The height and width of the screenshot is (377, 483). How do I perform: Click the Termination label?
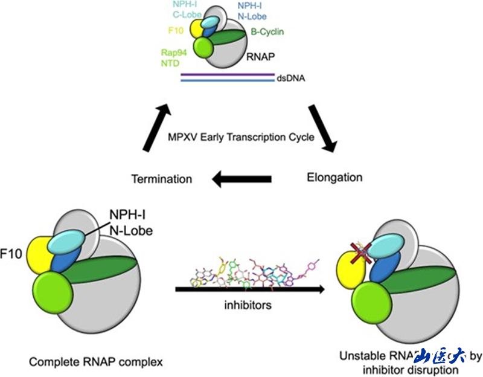coord(162,179)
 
